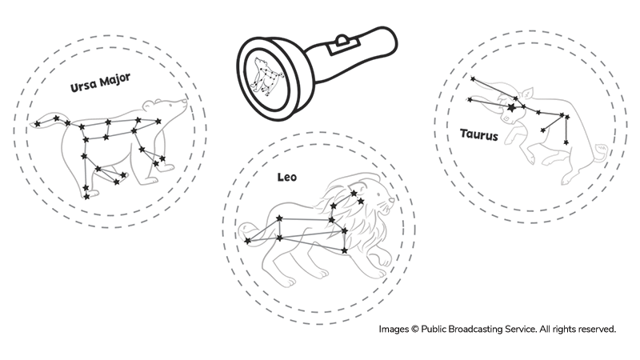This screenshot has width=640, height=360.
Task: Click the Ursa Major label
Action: tap(99, 80)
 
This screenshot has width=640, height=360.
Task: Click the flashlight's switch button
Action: tap(342, 39)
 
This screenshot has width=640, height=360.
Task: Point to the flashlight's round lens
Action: tap(265, 75)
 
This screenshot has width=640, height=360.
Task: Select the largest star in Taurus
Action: tap(510, 105)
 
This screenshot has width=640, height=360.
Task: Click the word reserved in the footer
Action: tap(595, 329)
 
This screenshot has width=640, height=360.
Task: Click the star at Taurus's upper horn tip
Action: tap(472, 78)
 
